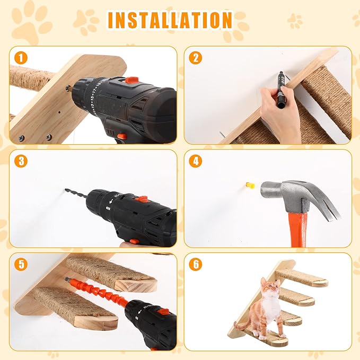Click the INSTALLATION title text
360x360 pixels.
170,20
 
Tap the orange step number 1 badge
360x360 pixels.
21,58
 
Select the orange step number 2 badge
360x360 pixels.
196,58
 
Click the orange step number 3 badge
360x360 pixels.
21,161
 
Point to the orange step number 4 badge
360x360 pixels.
196,161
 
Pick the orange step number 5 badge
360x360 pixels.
21,264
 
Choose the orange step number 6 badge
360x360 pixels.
196,264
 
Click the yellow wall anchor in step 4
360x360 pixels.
250,185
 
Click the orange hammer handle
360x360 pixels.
298,230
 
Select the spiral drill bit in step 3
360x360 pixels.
76,194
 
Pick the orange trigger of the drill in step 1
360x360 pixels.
122,136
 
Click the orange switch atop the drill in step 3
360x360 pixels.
141,199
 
